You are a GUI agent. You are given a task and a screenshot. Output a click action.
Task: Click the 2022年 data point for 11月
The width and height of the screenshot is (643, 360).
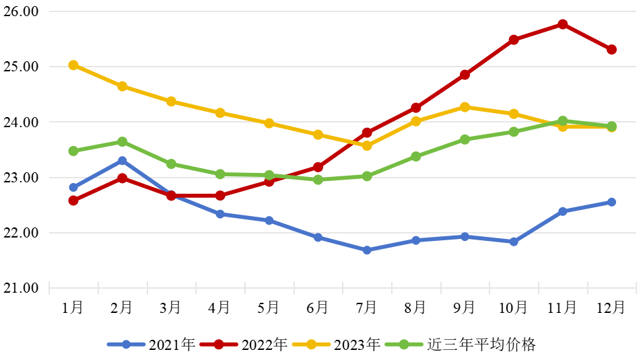pyautogui.click(x=562, y=24)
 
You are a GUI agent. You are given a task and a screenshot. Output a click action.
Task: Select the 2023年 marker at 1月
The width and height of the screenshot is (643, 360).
pyautogui.click(x=73, y=65)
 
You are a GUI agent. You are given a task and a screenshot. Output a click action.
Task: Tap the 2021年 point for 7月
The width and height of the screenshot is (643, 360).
pyautogui.click(x=367, y=250)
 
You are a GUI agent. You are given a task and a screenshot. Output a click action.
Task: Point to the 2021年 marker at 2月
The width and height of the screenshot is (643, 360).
pyautogui.click(x=122, y=161)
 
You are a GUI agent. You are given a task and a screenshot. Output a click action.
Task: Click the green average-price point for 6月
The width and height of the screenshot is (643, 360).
pyautogui.click(x=318, y=180)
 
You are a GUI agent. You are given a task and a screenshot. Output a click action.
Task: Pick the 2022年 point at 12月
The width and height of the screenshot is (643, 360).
pyautogui.click(x=611, y=49)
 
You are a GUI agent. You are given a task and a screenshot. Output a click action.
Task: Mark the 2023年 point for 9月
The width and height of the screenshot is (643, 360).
pyautogui.click(x=465, y=107)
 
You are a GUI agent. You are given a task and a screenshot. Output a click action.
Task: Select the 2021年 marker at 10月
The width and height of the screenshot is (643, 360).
pyautogui.click(x=514, y=242)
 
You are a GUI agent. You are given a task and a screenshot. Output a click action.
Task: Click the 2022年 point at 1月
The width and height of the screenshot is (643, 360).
pyautogui.click(x=73, y=201)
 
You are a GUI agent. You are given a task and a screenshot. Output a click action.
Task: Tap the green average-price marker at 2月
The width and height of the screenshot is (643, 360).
pyautogui.click(x=122, y=142)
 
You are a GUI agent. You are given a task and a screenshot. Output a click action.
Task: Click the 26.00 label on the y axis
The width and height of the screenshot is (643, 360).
pyautogui.click(x=23, y=12)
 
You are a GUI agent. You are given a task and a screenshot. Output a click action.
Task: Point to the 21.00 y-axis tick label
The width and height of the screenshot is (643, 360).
pyautogui.click(x=23, y=288)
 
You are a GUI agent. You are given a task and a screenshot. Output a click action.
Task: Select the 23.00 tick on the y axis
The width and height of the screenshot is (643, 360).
pyautogui.click(x=23, y=178)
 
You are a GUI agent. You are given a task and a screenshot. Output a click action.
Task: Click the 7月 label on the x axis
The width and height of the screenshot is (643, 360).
pyautogui.click(x=366, y=308)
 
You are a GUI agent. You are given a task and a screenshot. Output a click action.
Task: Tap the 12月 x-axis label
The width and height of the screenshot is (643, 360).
pyautogui.click(x=611, y=308)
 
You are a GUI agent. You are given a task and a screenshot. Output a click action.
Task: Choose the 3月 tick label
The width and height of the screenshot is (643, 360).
pyautogui.click(x=170, y=308)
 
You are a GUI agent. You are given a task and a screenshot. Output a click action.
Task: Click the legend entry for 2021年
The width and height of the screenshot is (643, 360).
pyautogui.click(x=151, y=345)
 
